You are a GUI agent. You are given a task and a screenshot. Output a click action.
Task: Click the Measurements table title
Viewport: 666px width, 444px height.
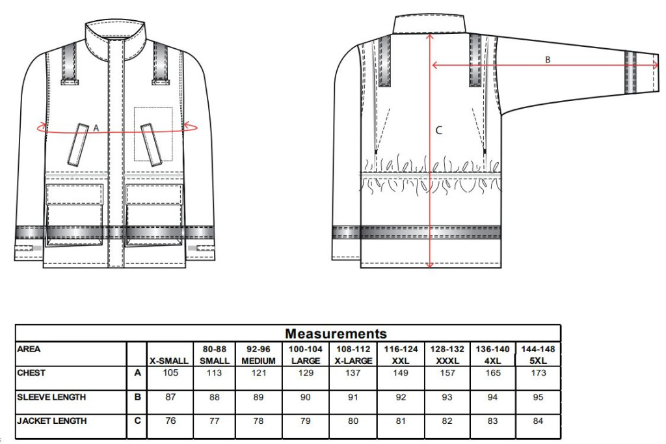click(x=336, y=333)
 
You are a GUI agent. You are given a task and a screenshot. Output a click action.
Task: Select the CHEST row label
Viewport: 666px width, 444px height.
click(x=31, y=373)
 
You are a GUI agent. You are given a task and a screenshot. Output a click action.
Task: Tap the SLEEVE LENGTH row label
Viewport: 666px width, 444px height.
click(x=51, y=397)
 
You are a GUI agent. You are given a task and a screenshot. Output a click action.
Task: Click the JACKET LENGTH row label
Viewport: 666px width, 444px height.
click(x=52, y=421)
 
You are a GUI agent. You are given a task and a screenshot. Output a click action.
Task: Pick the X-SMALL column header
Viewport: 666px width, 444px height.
click(x=169, y=361)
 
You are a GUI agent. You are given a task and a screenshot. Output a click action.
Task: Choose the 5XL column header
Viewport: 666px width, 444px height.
click(x=538, y=361)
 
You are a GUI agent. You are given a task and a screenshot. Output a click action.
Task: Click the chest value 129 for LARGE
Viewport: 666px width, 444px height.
click(x=306, y=373)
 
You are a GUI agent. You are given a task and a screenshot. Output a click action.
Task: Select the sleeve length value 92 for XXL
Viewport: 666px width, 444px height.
click(x=401, y=397)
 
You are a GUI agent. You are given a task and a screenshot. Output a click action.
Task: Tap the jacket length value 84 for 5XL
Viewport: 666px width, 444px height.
click(x=538, y=421)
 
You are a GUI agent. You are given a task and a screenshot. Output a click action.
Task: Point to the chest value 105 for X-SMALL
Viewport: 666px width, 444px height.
click(x=170, y=373)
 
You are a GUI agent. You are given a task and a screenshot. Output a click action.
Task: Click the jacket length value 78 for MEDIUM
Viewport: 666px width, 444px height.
click(x=258, y=421)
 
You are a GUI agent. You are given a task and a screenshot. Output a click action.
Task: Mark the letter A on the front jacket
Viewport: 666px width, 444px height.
click(x=96, y=128)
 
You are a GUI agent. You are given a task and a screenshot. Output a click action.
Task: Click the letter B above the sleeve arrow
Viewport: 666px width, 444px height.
click(x=548, y=60)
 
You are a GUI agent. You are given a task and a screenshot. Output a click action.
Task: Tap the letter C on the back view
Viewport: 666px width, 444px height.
click(x=439, y=130)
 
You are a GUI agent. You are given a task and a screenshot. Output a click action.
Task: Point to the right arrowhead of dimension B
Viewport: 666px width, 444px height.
click(x=656, y=65)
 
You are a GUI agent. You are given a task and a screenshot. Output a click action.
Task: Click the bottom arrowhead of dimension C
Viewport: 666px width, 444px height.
click(x=429, y=265)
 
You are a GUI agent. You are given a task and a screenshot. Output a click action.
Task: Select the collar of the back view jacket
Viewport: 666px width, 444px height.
click(x=429, y=23)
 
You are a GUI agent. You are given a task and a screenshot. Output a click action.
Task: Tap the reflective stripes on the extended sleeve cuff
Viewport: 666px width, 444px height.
click(x=631, y=72)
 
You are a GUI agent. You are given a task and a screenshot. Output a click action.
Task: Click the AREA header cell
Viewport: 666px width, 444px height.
click(x=29, y=349)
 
